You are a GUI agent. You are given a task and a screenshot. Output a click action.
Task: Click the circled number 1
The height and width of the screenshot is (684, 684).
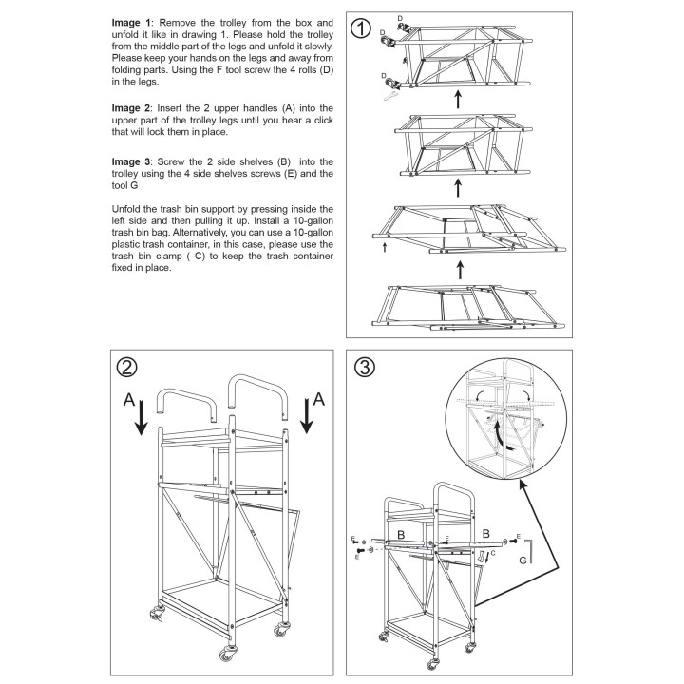[x=360, y=28]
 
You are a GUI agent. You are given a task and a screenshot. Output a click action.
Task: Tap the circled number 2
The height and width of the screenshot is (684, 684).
[x=128, y=366]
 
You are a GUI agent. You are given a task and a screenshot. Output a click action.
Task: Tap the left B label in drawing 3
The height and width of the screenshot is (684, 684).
[x=403, y=536]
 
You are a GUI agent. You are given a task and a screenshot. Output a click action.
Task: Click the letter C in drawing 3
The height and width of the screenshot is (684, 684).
[x=491, y=553]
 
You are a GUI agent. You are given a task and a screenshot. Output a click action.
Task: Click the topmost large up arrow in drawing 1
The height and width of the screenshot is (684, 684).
[x=459, y=97]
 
